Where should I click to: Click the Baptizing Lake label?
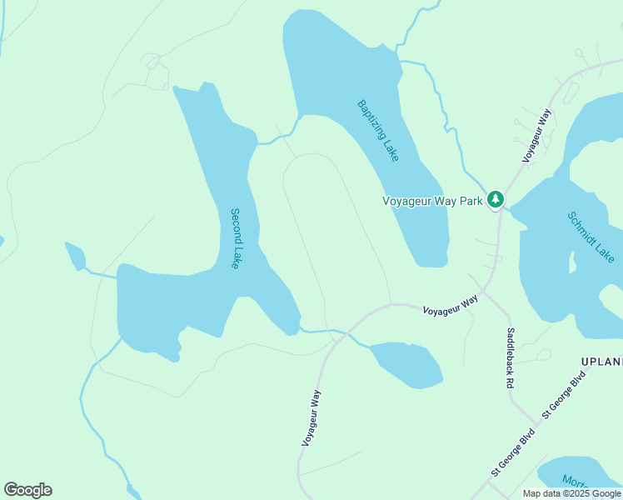pos(378,131)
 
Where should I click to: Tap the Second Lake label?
pos(239,237)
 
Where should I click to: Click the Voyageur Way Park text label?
pos(432,201)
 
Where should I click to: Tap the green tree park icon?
pos(496,200)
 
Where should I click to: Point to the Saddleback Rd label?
pos(510,358)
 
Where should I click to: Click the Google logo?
pos(27,490)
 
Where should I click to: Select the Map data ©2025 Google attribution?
pos(572,493)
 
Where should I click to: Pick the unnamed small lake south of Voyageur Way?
pos(406,363)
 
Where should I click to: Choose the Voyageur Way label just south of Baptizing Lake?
pos(450,305)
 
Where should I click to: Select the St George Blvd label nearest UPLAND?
pos(564,395)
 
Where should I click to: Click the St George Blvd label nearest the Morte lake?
pos(511,453)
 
